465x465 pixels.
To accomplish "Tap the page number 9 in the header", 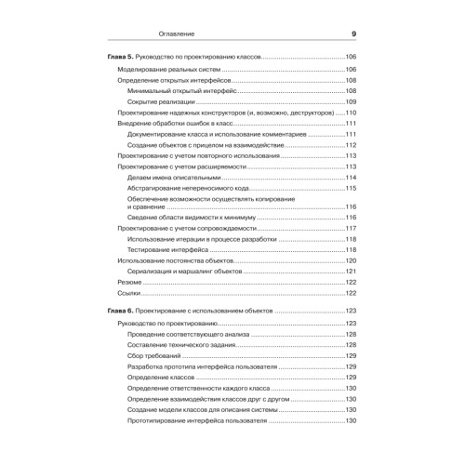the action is click(x=354, y=35).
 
